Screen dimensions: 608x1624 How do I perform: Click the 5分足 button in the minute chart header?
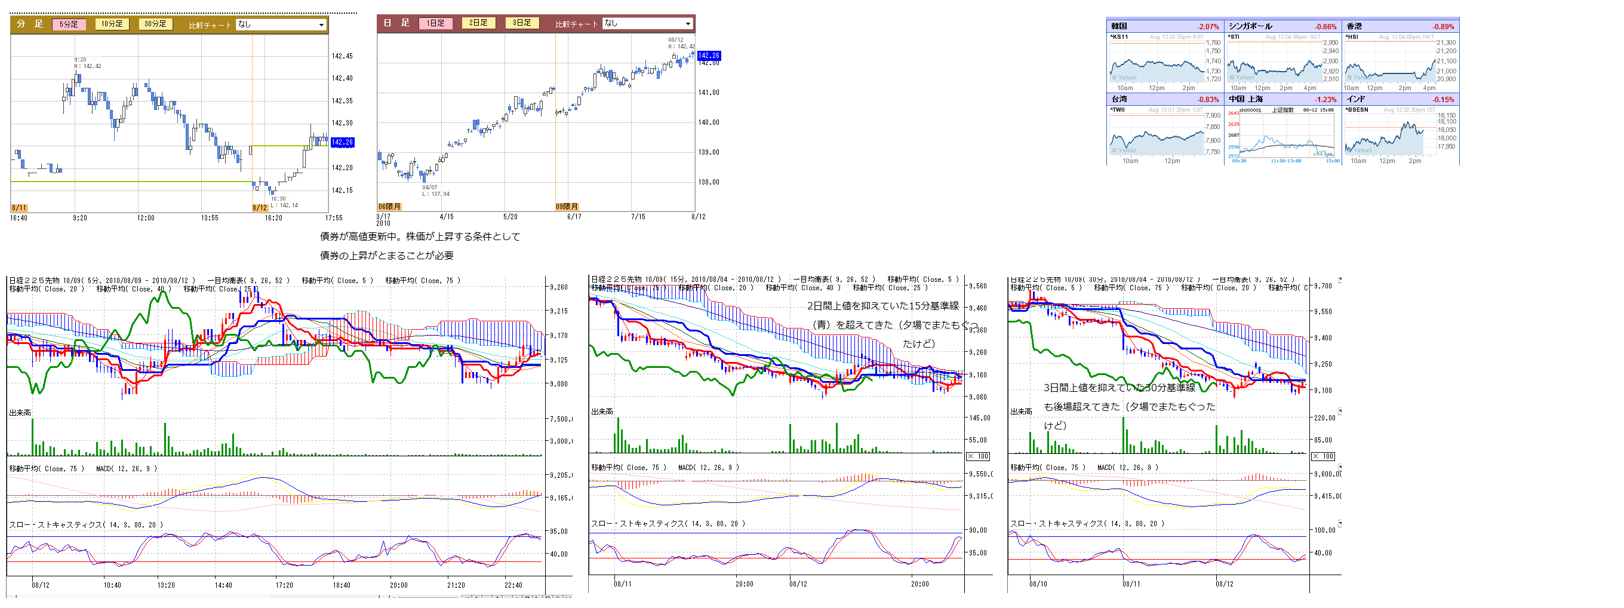coord(69,24)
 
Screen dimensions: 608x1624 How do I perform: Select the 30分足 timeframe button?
coord(155,24)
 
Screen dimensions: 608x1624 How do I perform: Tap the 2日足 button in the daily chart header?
coord(478,23)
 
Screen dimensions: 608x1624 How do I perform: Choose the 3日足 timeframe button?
coord(521,23)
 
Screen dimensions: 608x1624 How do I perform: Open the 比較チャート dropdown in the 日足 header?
coord(647,23)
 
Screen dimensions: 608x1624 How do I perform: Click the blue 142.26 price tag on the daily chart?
coord(709,56)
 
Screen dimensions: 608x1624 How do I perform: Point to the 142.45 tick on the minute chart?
coord(342,56)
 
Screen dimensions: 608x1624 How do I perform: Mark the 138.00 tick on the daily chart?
coord(708,182)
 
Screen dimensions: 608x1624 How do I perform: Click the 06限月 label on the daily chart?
coord(389,206)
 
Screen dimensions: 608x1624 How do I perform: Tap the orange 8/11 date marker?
coord(19,207)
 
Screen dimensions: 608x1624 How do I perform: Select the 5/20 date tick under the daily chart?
coord(510,217)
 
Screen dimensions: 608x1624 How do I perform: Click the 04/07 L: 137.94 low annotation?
coord(435,191)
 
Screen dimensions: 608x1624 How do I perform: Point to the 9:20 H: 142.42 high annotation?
coord(87,63)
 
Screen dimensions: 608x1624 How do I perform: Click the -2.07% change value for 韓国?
coord(1207,26)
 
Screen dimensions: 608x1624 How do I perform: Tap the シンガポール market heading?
coord(1250,26)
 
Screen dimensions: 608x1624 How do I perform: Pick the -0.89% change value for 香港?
coord(1442,26)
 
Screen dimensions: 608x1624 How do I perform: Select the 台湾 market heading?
coord(1119,99)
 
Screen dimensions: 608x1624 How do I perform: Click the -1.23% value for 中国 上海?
coord(1325,100)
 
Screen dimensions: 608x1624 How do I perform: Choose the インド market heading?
coord(1355,99)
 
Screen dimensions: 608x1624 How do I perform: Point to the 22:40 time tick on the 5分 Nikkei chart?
coord(513,585)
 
